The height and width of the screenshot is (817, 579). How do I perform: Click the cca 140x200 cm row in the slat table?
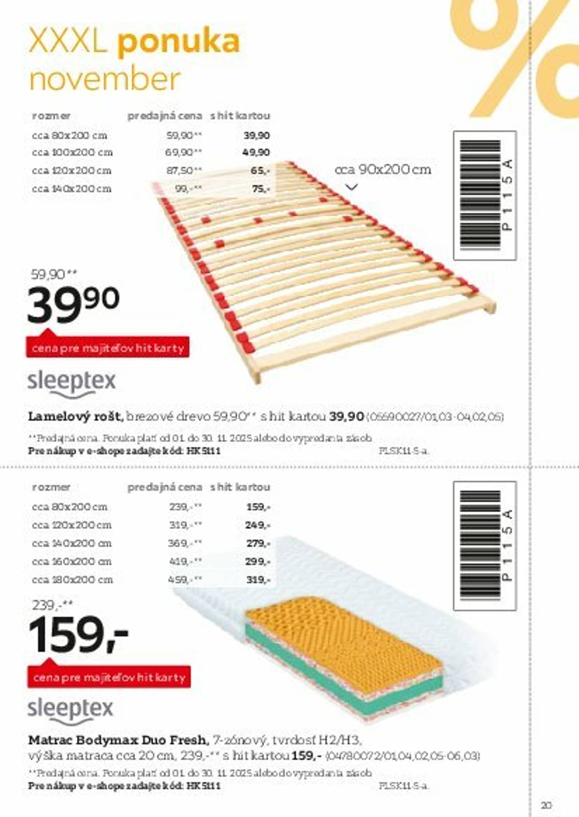72,189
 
